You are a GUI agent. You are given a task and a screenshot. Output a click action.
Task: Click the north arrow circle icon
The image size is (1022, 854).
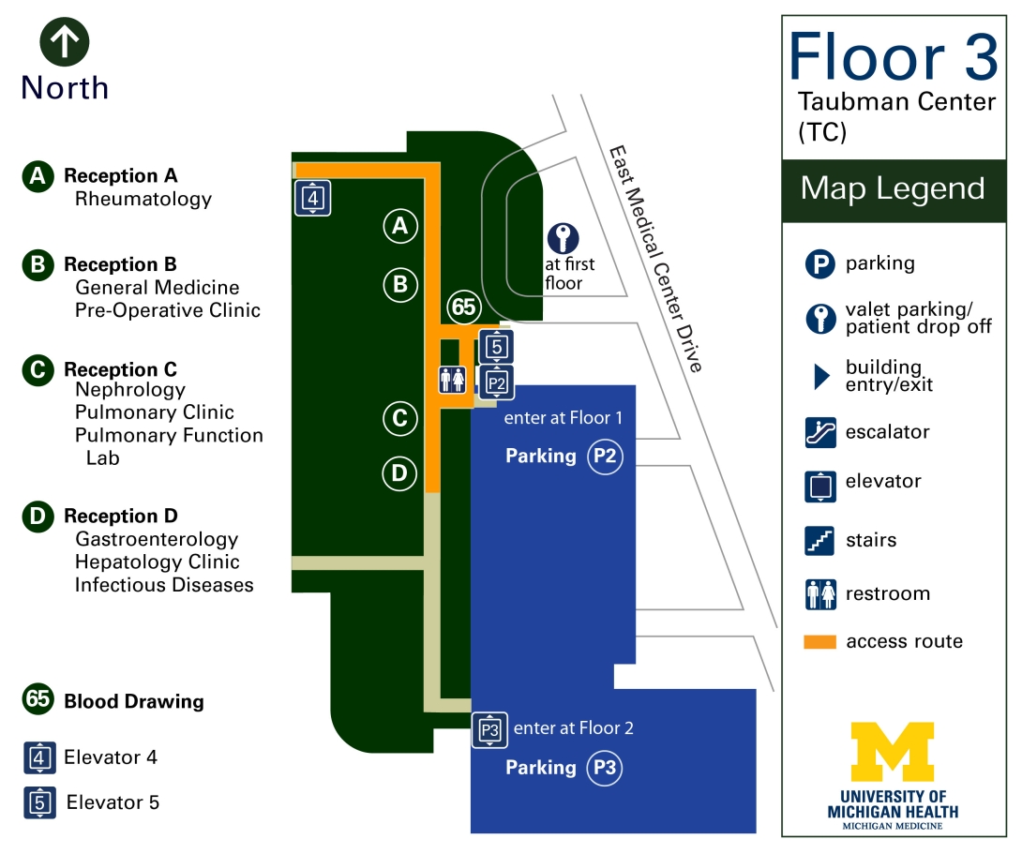tap(65, 44)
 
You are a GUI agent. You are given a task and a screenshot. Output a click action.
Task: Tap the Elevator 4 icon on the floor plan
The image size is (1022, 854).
tap(313, 198)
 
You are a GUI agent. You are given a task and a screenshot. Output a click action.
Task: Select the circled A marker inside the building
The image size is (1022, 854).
tap(400, 225)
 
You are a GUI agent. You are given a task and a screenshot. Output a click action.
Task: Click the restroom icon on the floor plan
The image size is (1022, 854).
tap(452, 379)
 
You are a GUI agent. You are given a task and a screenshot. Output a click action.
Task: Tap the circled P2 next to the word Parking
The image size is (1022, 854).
tap(606, 457)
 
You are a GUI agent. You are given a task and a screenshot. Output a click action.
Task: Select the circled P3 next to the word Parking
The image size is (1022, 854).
tap(606, 768)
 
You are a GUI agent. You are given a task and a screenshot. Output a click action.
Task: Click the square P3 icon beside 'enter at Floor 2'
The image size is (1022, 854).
tap(489, 729)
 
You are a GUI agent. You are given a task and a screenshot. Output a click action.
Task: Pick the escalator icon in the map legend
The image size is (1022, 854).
tap(820, 432)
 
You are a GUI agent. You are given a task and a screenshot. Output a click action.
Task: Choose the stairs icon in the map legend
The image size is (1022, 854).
tap(820, 541)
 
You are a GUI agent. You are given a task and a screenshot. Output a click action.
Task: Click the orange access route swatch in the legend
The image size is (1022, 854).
tap(820, 642)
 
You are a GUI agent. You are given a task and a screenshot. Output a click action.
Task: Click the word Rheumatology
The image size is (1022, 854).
tap(143, 199)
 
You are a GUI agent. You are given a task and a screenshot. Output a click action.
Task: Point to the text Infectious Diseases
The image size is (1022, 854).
tap(164, 585)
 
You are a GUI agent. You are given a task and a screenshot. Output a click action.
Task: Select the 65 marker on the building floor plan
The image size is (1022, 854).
tap(463, 307)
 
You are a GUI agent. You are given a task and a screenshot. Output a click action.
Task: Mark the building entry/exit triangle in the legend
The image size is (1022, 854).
tap(822, 377)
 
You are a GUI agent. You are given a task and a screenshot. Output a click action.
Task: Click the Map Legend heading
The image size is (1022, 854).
tap(893, 188)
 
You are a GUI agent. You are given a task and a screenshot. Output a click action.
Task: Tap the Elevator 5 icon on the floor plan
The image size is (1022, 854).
tap(497, 347)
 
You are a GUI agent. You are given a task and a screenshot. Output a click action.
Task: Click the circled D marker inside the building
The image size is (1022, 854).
tap(400, 474)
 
